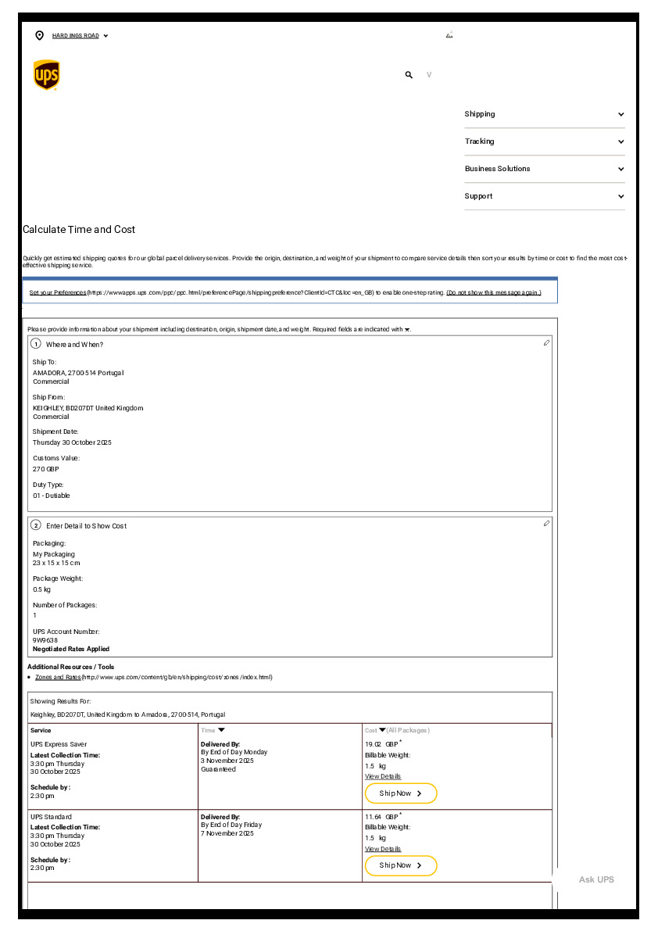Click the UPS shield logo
[47, 75]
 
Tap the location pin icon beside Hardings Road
[40, 35]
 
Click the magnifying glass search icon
[409, 75]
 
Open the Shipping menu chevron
[621, 114]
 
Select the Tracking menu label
[479, 141]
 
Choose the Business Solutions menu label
[497, 169]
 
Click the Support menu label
[478, 196]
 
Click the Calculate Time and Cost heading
[79, 230]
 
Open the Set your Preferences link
[58, 292]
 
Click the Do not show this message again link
[493, 292]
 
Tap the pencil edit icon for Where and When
[547, 343]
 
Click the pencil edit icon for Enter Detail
[547, 524]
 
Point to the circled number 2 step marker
[36, 525]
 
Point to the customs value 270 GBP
[45, 469]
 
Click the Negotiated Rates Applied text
[71, 649]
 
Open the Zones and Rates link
[58, 677]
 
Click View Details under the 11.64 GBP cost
[383, 849]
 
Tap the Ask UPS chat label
[596, 879]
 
